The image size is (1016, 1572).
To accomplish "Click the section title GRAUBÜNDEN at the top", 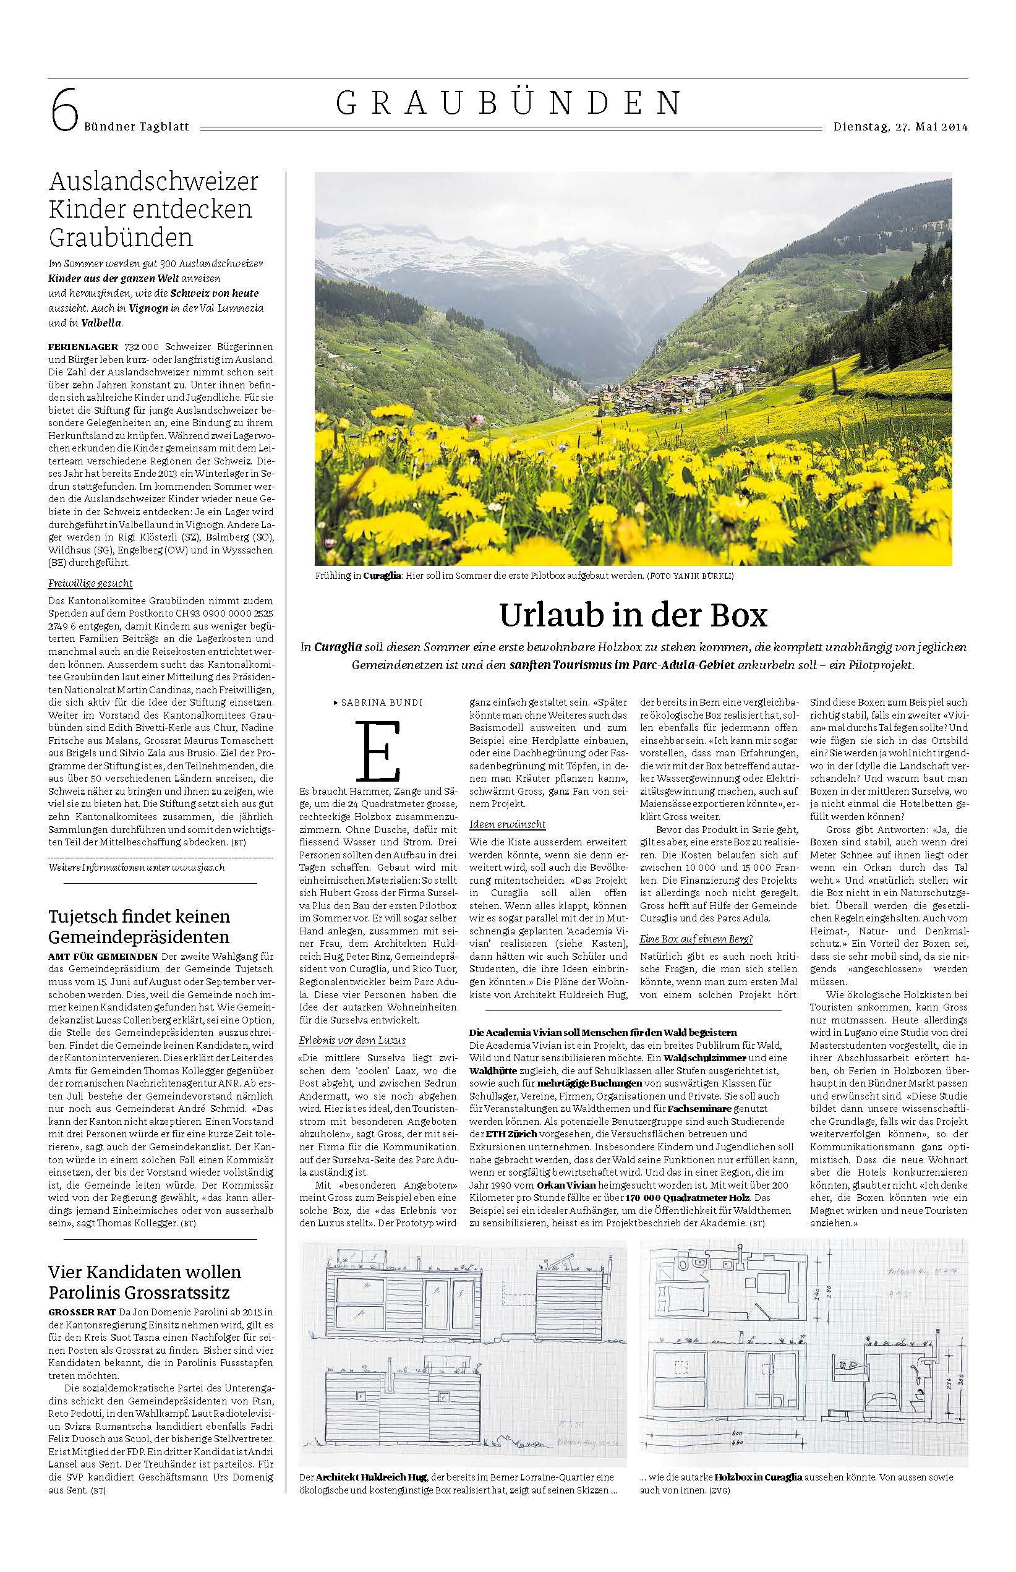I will [508, 103].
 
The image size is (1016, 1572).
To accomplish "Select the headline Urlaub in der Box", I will [633, 615].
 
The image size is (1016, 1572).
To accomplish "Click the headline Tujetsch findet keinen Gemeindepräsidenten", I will [140, 926].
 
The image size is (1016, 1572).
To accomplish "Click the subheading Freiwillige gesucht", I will [90, 583].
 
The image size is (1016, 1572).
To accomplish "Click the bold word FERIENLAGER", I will [83, 346].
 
